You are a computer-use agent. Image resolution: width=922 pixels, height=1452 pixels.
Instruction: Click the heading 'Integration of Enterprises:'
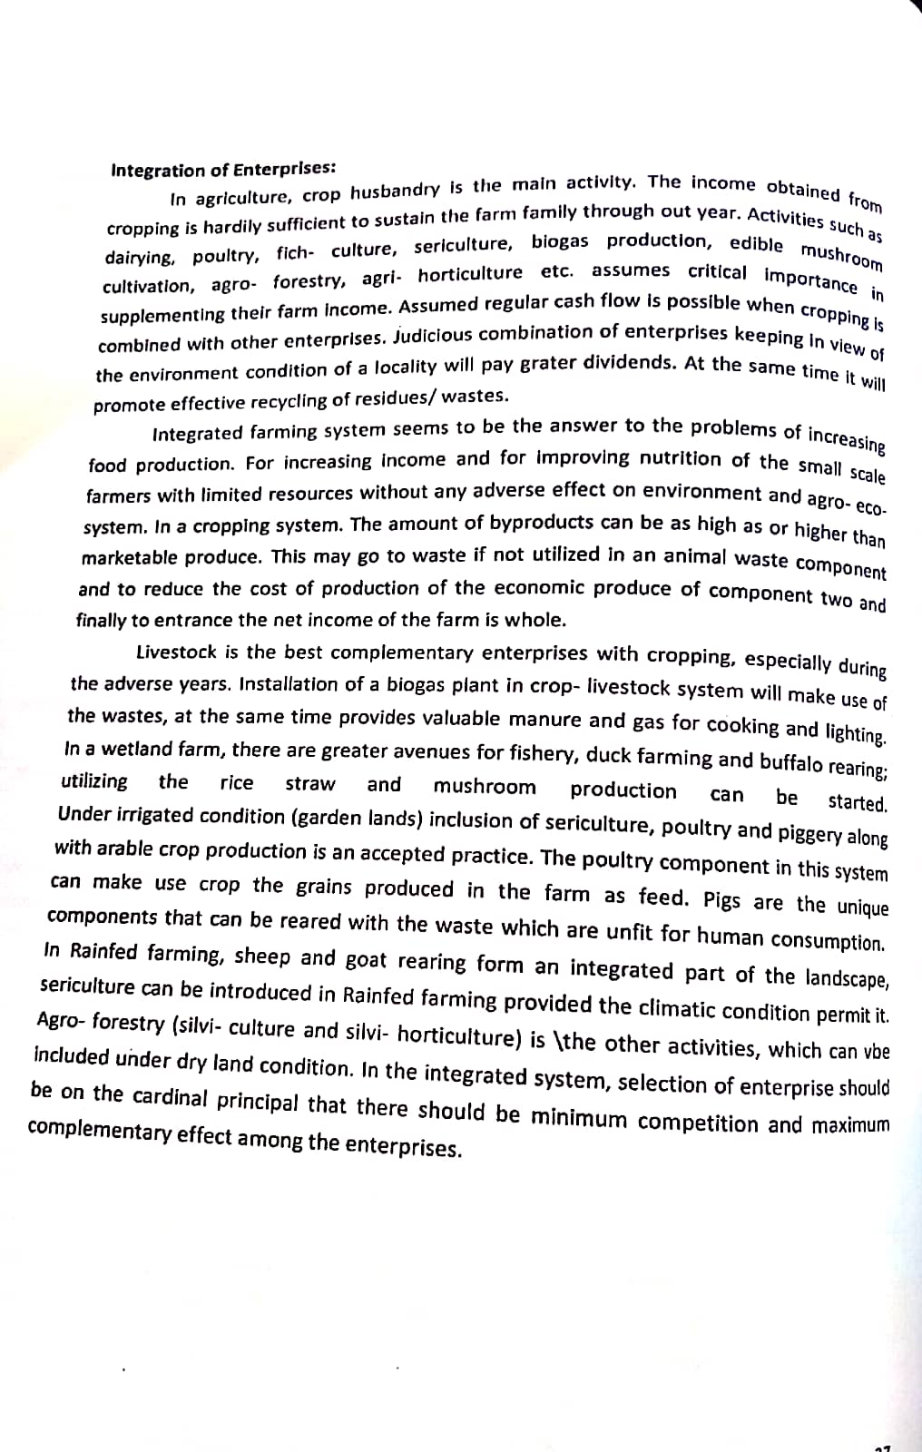(x=223, y=170)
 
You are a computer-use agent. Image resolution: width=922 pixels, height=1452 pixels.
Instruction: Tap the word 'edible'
(x=756, y=243)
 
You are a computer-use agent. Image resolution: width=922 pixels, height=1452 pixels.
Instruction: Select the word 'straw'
(x=310, y=783)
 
